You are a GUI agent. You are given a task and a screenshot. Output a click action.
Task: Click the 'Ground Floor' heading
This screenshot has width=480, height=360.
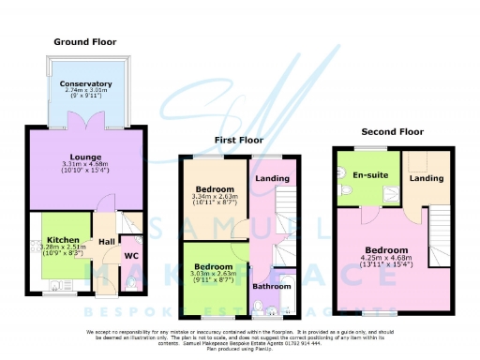point(85,42)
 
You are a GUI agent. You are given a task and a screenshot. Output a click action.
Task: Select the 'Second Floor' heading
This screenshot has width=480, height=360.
point(387,131)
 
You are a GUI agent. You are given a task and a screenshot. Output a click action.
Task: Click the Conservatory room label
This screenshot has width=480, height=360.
point(85,84)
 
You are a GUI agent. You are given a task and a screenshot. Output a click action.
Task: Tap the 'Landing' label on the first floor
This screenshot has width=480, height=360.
point(273,179)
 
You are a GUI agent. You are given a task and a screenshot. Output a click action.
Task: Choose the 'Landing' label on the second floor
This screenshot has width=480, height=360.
point(427,178)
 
